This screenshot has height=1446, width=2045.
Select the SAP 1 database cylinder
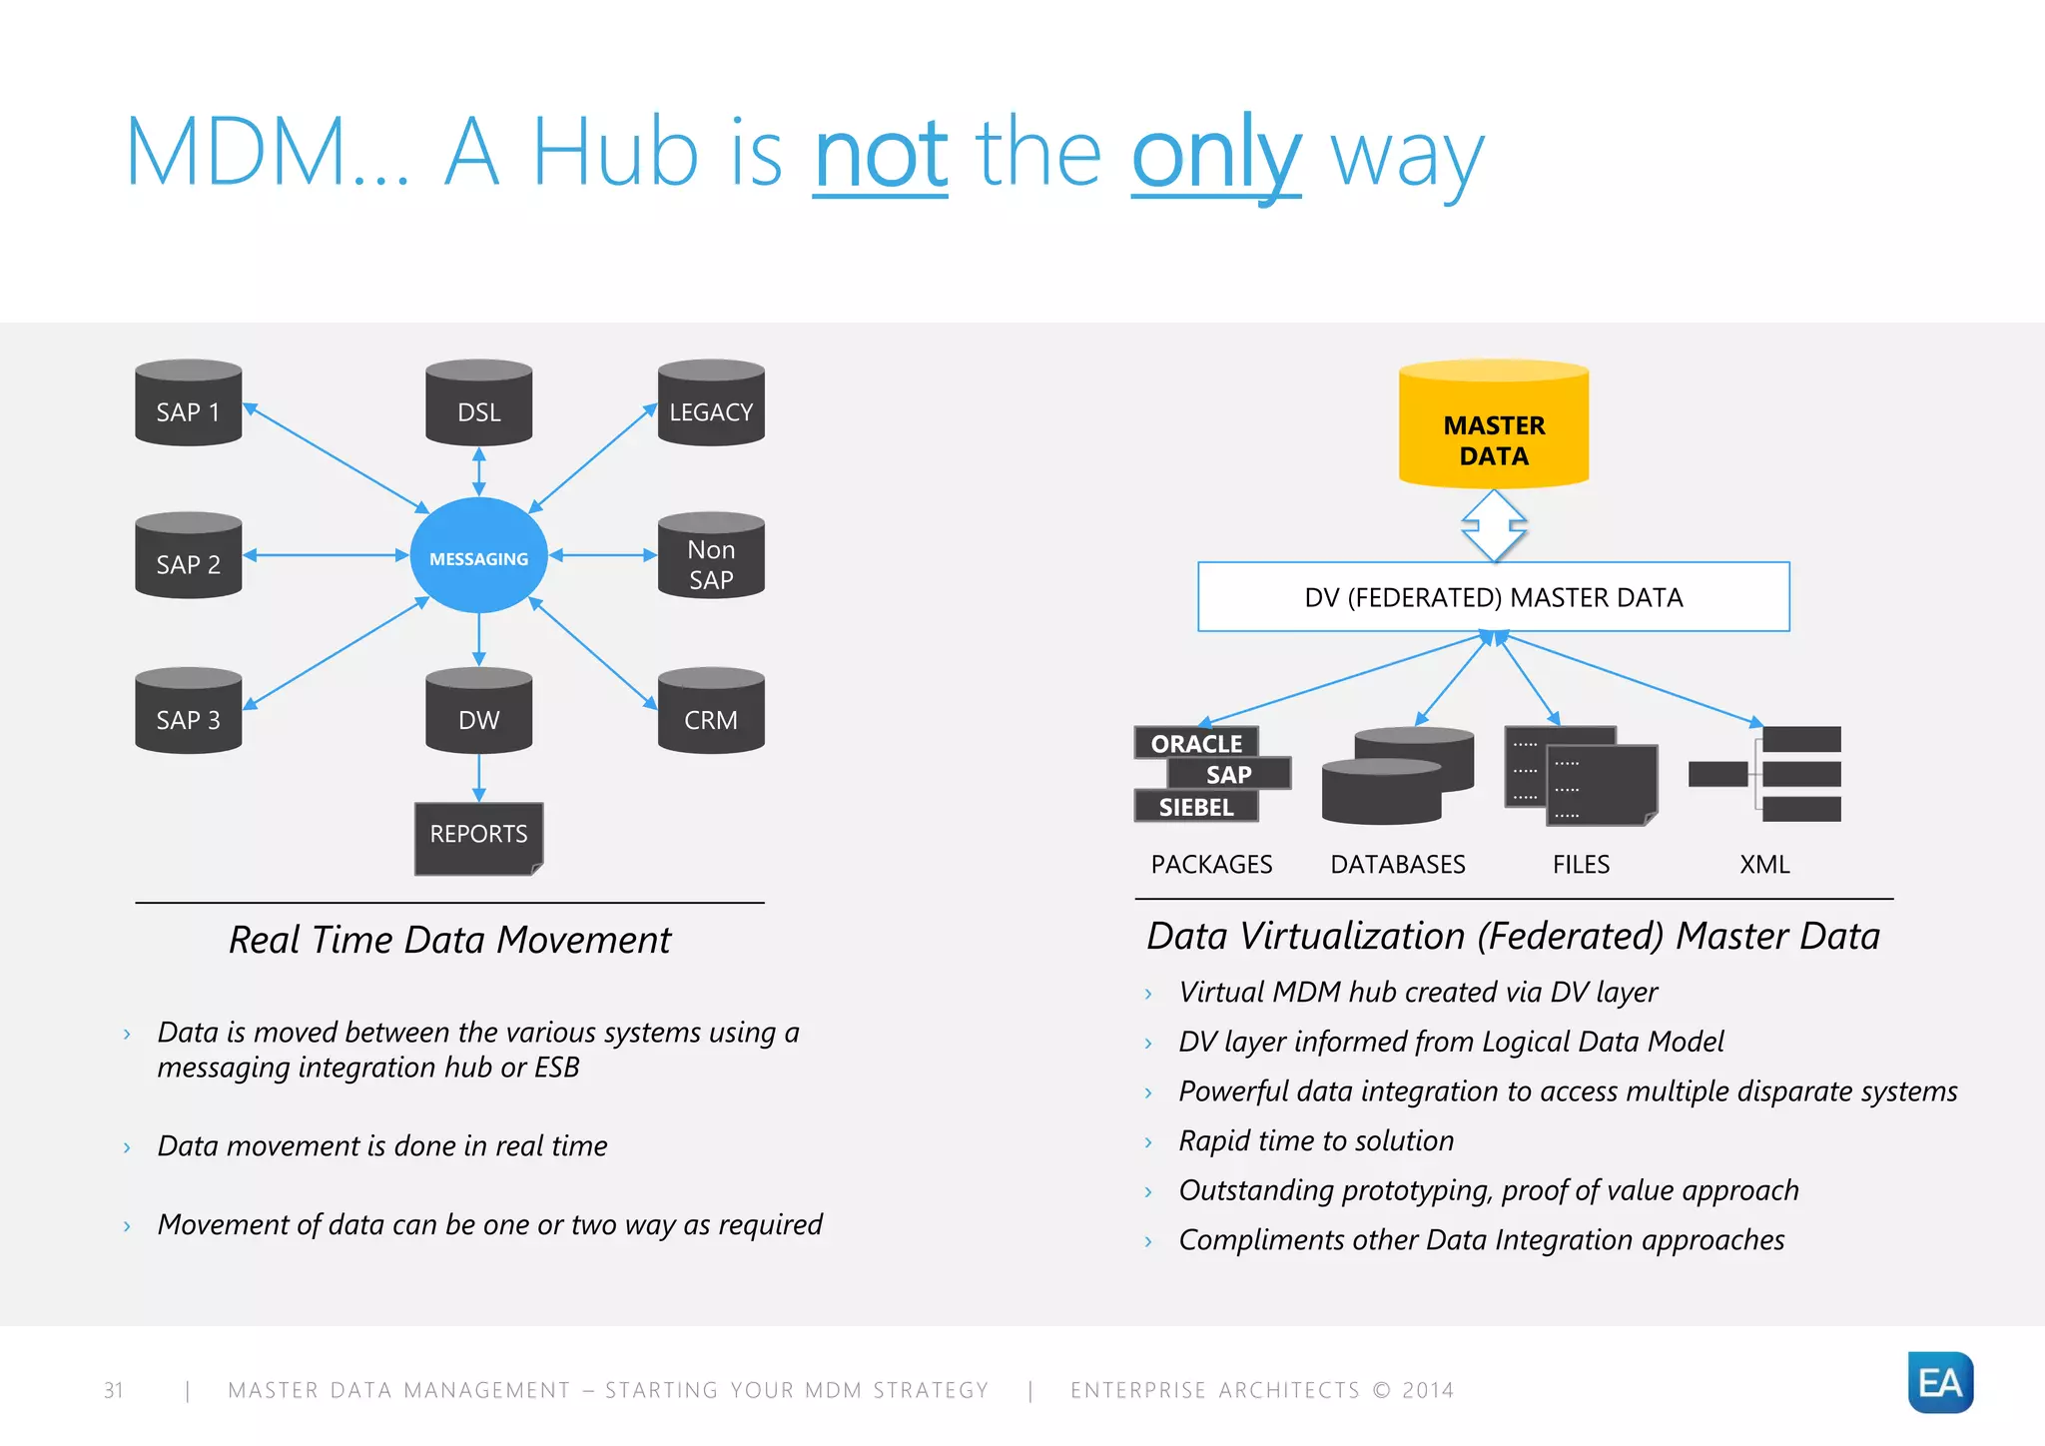188,403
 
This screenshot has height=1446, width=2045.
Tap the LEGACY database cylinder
711,403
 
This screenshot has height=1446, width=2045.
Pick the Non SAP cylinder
711,556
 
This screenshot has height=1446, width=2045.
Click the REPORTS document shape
478,837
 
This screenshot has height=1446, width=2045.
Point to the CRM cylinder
711,711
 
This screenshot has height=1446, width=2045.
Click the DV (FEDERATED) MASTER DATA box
1493,597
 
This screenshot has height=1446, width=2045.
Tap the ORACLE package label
1196,743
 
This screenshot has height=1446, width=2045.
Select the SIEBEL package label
1196,807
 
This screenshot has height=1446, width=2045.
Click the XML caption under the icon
1764,865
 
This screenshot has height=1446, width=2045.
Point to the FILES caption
1581,865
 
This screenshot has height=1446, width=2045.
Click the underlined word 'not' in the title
880,154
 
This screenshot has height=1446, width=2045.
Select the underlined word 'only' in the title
1215,156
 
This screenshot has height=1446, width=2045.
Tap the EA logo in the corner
1939,1383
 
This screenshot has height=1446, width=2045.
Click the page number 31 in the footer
114,1390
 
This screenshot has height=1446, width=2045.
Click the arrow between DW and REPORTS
479,778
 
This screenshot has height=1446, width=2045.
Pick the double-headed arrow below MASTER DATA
1494,525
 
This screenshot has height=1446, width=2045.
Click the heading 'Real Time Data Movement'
449,941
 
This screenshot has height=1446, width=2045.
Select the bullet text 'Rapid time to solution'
1315,1140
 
